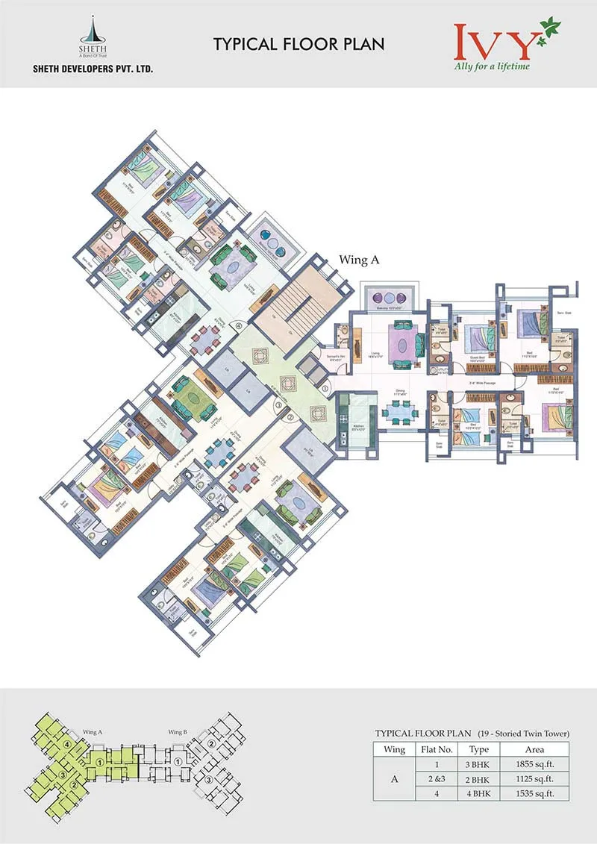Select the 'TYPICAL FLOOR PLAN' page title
coord(299,44)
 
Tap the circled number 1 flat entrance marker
coord(326,387)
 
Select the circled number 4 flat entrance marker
coord(239,326)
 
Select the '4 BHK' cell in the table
coord(478,793)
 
